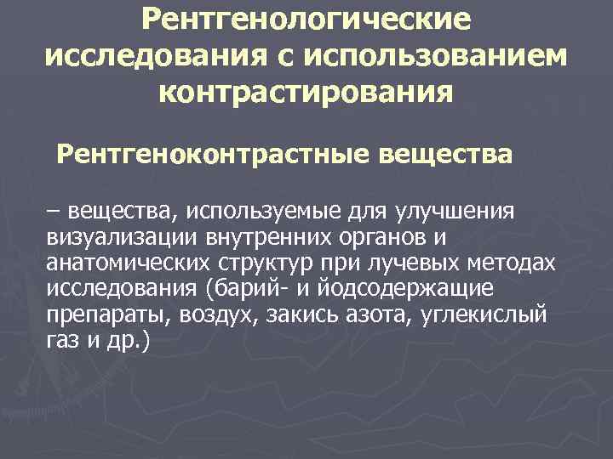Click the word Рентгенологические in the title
tap(306, 19)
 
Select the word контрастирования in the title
tap(306, 91)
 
